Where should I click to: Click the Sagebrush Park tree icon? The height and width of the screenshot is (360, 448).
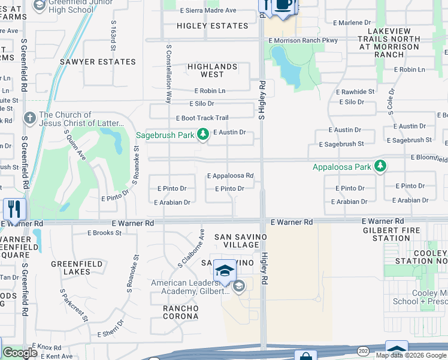(203, 136)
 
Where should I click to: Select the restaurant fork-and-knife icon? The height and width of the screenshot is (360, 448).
(14, 209)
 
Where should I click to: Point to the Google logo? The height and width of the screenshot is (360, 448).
(20, 353)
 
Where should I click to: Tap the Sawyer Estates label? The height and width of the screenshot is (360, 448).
(97, 62)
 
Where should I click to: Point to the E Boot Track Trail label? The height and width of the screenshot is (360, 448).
(202, 118)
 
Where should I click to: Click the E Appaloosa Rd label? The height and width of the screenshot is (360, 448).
(230, 176)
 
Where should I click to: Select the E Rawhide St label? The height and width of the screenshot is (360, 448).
(355, 92)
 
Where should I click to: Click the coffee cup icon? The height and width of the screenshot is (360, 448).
(283, 5)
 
